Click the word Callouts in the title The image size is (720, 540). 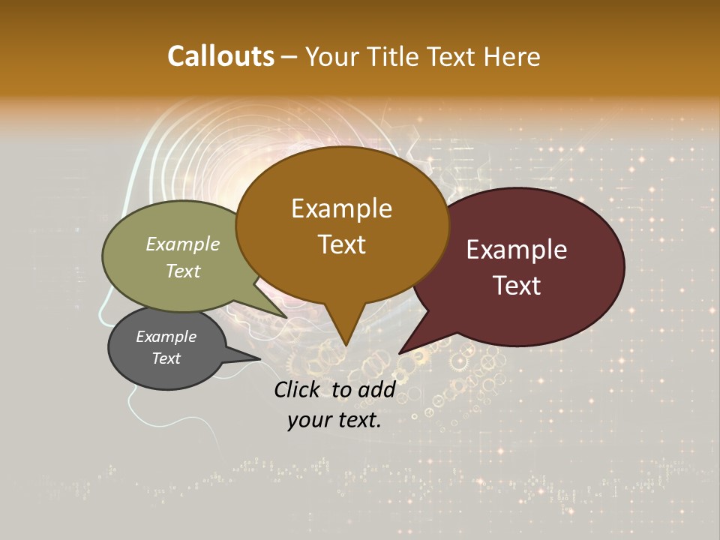[220, 56]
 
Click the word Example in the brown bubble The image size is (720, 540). [341, 208]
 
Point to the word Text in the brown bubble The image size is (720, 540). [341, 244]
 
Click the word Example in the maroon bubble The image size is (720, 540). [517, 250]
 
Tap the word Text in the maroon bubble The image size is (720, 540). [517, 286]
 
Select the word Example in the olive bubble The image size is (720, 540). [183, 244]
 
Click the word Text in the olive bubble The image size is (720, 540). [183, 271]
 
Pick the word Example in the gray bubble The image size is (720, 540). [166, 337]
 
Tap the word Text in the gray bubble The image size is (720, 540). [166, 358]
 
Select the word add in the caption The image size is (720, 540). [376, 389]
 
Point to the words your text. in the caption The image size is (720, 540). [334, 420]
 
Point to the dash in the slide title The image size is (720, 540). [290, 57]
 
